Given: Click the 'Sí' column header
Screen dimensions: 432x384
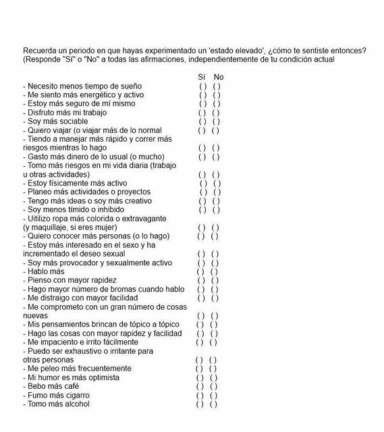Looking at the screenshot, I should pos(202,77).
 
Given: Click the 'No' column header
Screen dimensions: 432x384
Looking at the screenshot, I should pos(218,77).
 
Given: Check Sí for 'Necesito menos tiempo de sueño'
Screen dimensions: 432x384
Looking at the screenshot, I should pos(202,86).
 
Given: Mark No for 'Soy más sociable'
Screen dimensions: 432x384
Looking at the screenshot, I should pos(217,122).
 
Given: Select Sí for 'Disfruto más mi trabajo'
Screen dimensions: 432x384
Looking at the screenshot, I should pos(202,113).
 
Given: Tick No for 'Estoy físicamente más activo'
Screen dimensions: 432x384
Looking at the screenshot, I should pos(217,184).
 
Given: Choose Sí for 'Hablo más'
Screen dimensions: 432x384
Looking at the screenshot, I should pos(200,272).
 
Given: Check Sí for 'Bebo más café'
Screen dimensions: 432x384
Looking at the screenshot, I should pos(200,387).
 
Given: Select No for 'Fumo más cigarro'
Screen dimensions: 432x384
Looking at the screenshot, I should pos(214,396).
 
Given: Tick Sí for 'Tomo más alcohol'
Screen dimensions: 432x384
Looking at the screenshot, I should pos(200,404).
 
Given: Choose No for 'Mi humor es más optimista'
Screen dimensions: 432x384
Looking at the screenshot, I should pos(214,378).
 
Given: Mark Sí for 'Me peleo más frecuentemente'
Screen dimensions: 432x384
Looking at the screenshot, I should pos(200,369).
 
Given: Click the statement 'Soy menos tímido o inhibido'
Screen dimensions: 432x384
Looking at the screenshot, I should pos(76,210).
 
